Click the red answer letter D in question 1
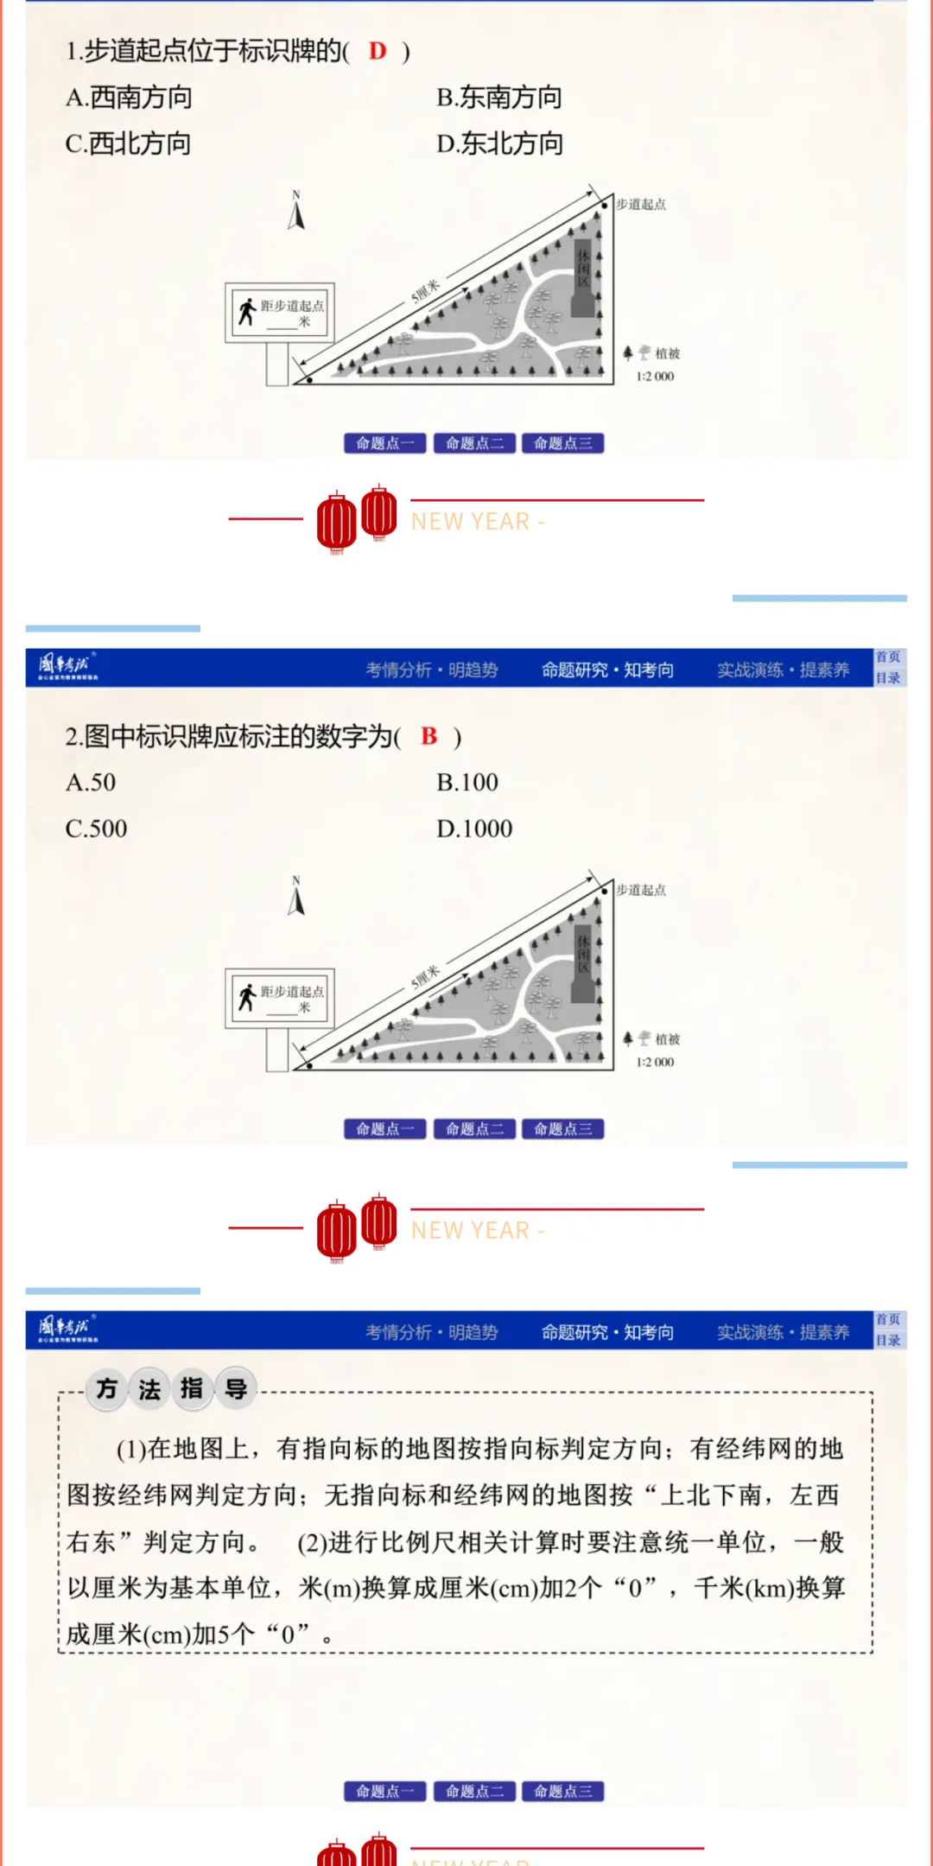pos(378,51)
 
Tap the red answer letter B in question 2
pos(429,736)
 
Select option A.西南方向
pos(129,98)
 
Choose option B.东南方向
pos(499,98)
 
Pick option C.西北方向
pos(129,143)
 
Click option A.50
pos(91,783)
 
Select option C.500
pos(96,828)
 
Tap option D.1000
pos(474,828)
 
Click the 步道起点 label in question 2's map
pos(641,890)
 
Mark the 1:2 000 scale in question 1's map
pos(655,377)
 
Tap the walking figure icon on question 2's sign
pos(247,997)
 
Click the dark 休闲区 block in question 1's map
pos(583,278)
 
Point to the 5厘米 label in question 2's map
pos(425,976)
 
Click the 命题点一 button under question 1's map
pos(385,443)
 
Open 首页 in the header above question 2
pos(888,657)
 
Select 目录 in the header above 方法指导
pos(888,1341)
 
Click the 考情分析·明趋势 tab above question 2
pos(431,670)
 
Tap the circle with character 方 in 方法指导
pos(107,1389)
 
